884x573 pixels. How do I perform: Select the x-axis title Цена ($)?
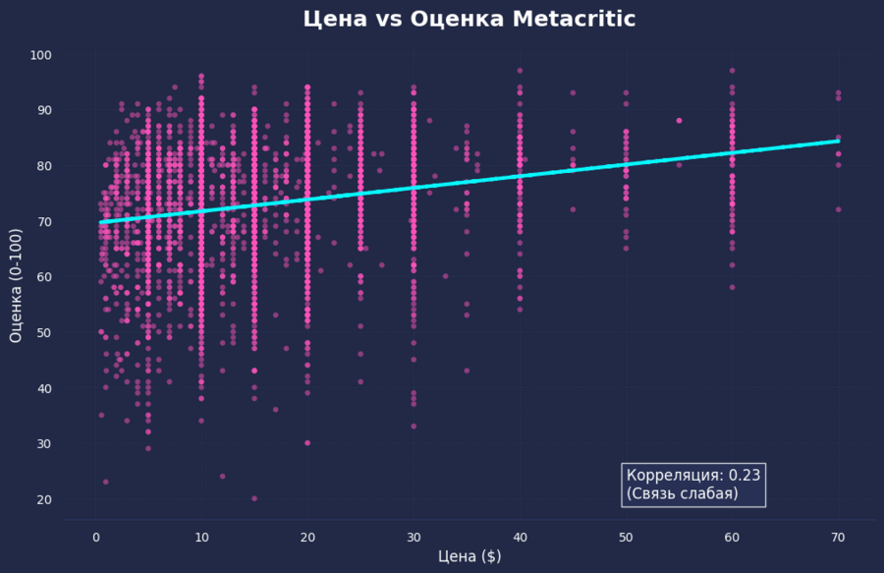click(470, 556)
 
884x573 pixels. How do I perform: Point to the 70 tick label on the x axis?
click(838, 538)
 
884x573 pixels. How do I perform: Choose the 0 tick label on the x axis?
click(95, 538)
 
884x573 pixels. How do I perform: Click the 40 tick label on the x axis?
click(520, 538)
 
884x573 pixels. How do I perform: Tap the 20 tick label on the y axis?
click(44, 499)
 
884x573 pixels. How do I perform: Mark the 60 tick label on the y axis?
click(44, 277)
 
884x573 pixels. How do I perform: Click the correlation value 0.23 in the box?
click(744, 476)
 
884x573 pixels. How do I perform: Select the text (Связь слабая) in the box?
click(682, 493)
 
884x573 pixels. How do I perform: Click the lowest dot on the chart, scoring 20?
click(254, 498)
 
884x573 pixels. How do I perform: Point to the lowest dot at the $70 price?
click(838, 209)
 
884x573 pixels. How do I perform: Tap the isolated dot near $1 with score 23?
click(106, 482)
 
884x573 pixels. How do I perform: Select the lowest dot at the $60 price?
click(732, 287)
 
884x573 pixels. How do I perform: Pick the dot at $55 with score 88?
click(679, 121)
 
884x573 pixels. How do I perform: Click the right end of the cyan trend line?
click(837, 142)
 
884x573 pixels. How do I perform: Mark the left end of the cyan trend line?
click(101, 222)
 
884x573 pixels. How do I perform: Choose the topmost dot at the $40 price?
click(520, 71)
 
